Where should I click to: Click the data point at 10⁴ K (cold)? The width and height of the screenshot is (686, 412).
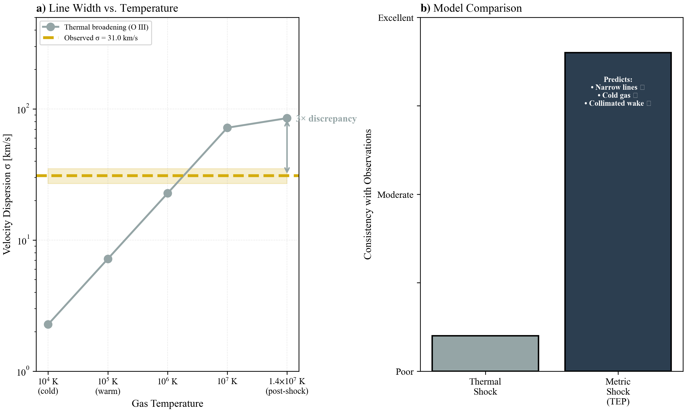point(48,324)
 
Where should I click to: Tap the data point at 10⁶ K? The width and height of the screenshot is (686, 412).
point(167,193)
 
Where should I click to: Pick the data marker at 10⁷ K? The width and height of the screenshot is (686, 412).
point(227,128)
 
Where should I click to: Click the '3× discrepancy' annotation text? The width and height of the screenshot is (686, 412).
point(326,119)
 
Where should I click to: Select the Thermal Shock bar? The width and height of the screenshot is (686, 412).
point(485,353)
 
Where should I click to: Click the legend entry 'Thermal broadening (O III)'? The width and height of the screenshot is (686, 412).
point(106,27)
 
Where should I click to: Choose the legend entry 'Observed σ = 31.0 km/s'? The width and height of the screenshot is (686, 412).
point(101,38)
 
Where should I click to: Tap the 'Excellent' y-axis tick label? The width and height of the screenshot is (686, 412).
point(395,18)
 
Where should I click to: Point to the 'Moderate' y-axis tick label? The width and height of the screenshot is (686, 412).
point(395,195)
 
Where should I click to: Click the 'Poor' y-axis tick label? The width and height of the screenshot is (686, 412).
point(404,371)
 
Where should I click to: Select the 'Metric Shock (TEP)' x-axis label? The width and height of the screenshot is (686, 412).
point(618,391)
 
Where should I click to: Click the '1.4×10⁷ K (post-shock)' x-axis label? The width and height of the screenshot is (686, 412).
point(287,386)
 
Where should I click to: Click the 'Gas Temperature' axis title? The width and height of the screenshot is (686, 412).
point(167,403)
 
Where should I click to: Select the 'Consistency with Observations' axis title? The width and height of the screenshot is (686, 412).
point(368,194)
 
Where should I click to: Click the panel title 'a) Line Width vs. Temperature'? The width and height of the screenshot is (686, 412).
point(107,8)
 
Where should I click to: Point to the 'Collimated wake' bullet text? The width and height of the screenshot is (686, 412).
point(616,103)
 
